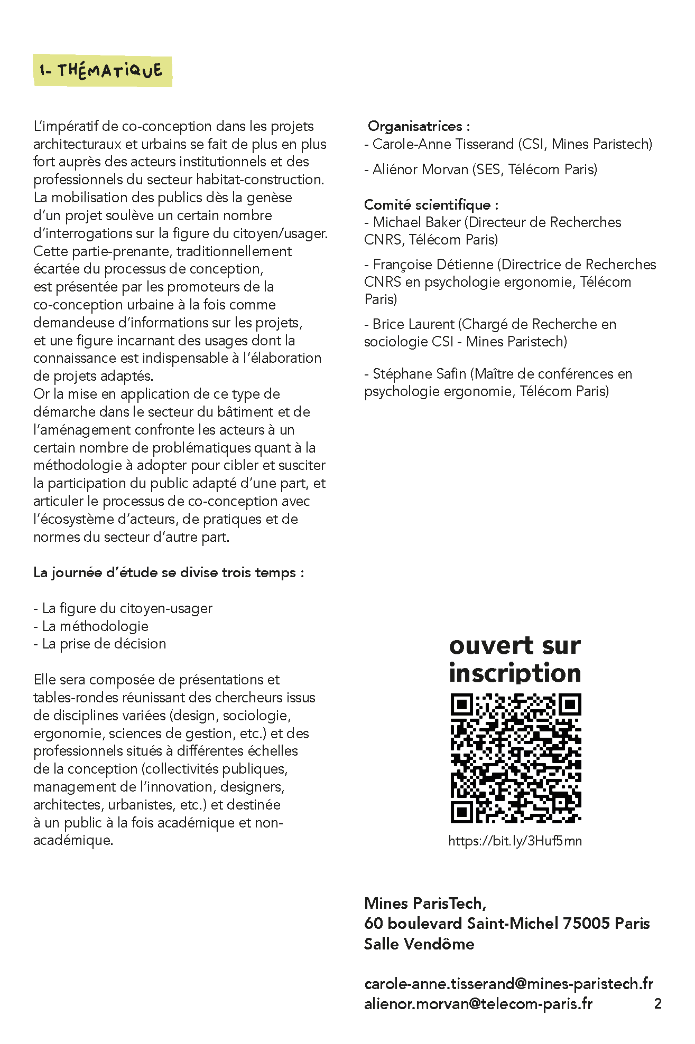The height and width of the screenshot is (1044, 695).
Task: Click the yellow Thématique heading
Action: [x=103, y=71]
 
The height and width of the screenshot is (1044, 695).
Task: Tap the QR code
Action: [x=515, y=758]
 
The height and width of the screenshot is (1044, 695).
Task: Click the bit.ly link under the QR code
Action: [x=515, y=841]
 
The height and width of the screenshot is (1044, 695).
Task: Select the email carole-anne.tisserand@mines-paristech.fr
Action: [x=508, y=983]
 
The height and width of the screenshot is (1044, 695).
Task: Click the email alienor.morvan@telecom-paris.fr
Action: [x=478, y=1003]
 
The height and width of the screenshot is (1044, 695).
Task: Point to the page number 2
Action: [x=657, y=1003]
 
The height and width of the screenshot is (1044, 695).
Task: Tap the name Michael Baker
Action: [x=416, y=222]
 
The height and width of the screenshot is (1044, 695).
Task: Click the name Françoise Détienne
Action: [x=433, y=264]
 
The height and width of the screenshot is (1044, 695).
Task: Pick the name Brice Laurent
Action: [x=413, y=324]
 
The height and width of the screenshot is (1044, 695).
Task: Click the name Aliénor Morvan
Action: [x=420, y=170]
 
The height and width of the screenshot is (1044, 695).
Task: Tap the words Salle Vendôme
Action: [x=419, y=944]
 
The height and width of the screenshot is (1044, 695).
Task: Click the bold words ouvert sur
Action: [x=515, y=646]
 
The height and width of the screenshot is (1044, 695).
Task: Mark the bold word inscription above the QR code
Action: [x=515, y=673]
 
